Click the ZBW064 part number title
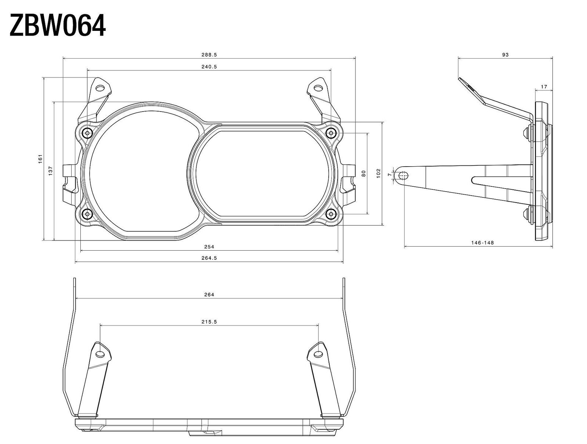58,26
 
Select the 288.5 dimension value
209,55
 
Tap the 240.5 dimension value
209,67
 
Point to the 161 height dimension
41,159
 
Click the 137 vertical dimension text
51,170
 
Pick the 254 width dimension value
209,247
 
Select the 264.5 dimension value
209,258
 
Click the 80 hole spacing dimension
364,173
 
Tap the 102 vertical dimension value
379,173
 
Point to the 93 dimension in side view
505,55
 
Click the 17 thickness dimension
544,87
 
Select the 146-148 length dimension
482,243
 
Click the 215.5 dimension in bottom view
209,322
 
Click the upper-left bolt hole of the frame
87,133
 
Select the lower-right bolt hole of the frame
331,214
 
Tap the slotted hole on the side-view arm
403,176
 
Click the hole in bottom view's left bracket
100,354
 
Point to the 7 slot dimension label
389,175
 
